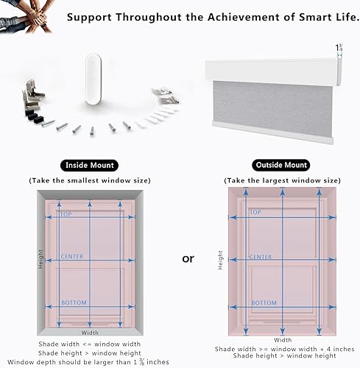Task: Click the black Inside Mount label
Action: point(90,165)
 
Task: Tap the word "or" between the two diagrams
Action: point(188,259)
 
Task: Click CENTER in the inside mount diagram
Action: point(73,257)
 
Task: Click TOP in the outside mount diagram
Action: point(255,213)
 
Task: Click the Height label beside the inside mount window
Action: point(41,258)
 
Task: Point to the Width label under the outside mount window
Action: point(283,340)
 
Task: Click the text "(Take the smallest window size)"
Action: point(90,180)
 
